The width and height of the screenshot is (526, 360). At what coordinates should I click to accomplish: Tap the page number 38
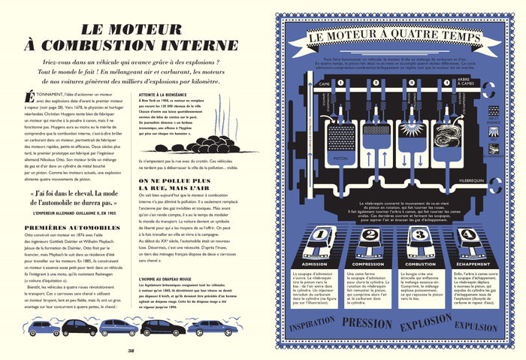[130, 349]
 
